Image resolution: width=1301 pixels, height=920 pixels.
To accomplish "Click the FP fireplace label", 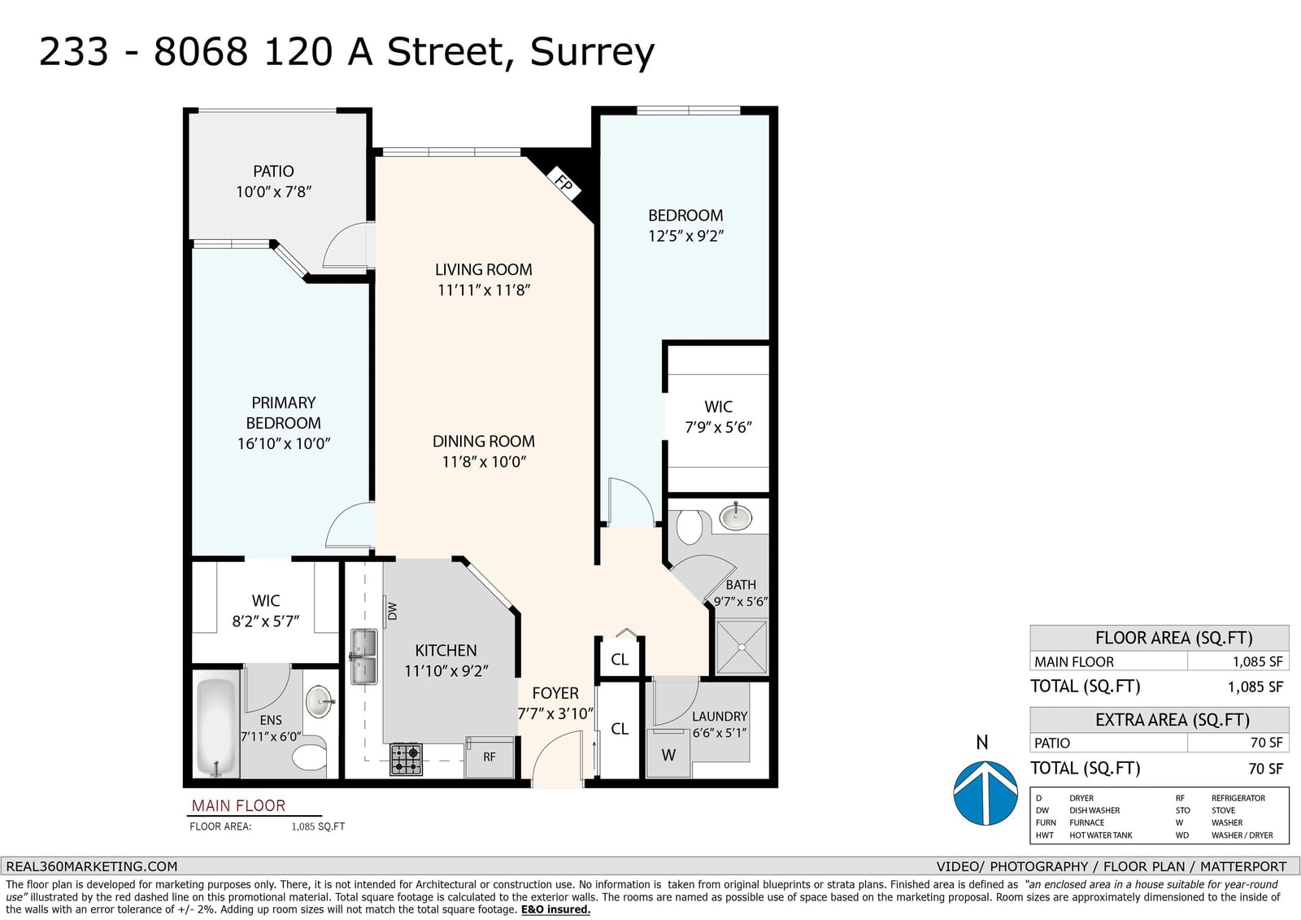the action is pos(563,183).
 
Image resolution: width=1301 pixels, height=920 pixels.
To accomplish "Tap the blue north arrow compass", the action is pos(986,793).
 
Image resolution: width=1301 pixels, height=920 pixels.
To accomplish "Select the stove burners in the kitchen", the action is pos(406,759).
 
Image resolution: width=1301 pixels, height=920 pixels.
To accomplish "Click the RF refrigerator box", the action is pos(489,756).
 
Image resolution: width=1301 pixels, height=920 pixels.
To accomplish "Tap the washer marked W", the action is pos(668,754).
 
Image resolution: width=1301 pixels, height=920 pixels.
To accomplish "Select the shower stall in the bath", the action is pos(741,647).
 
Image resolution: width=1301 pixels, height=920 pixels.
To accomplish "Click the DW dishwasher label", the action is pos(392,611).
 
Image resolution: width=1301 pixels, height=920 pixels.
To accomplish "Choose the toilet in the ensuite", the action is pos(309,756).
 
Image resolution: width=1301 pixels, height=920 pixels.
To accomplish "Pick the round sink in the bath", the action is pos(735,516).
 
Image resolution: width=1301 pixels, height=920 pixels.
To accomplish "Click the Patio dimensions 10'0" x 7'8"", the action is pos(273,192).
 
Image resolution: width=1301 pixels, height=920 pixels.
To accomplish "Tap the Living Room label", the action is pos(483,270).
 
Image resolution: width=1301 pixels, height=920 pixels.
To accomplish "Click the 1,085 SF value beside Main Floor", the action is pos(1257,661).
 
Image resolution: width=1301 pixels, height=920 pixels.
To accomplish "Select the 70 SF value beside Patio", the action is pos(1266,743).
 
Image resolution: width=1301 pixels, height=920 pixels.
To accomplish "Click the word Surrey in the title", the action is pos(592,52).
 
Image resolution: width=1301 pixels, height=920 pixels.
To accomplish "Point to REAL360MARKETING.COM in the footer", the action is pos(92,866).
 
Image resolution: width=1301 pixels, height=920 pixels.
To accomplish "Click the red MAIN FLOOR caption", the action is pos(239,805).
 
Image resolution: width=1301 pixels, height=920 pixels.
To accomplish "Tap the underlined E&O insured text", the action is pos(555,909).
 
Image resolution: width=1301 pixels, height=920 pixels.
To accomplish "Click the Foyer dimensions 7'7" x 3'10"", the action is pos(555,713).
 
